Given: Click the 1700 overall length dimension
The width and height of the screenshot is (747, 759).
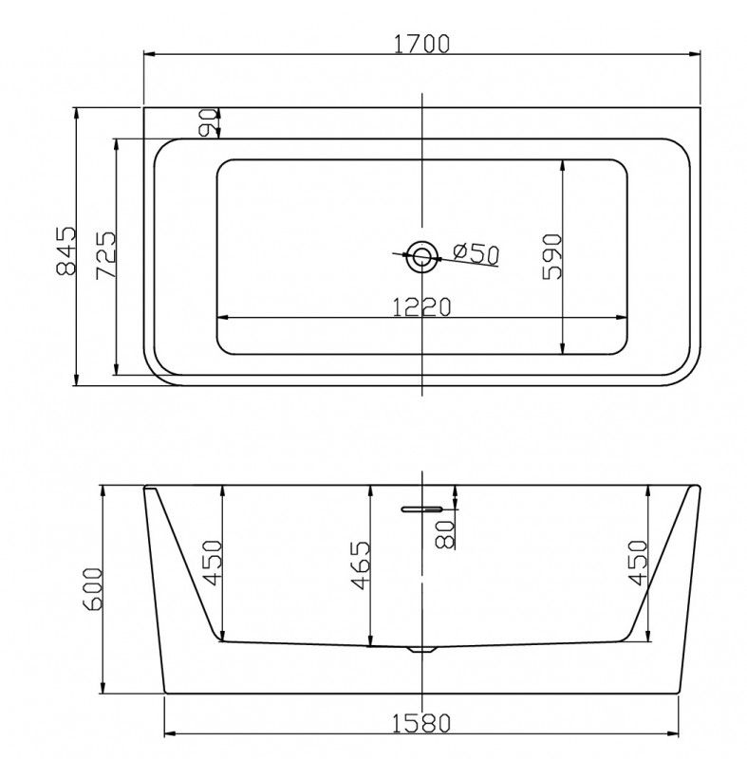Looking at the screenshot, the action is [421, 44].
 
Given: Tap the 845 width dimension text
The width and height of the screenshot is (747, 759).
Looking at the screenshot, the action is [66, 250].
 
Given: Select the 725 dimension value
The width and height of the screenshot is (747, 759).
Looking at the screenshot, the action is [106, 254].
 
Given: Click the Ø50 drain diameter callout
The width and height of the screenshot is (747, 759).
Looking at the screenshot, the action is [476, 253].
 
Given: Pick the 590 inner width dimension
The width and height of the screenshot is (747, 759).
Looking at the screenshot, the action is [552, 256].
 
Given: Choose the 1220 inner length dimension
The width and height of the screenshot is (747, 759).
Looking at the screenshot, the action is [421, 306].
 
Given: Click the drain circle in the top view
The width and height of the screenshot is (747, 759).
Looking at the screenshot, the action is [422, 256].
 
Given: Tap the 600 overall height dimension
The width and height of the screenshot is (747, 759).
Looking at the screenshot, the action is [92, 589].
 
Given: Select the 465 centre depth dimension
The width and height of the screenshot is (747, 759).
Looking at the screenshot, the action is [360, 565].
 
